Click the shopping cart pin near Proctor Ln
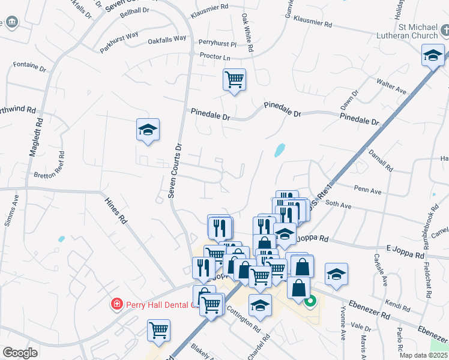pos(234,80)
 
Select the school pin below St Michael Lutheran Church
pos(433,56)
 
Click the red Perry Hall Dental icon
pos(116,304)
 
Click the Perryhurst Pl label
pos(218,44)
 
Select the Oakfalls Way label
pos(167,43)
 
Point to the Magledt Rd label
pos(36,137)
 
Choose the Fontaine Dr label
pos(29,66)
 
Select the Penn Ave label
pos(368,191)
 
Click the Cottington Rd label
pos(244,320)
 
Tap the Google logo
pos(20,353)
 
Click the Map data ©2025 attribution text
pos(422,355)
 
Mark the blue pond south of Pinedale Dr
pos(279,150)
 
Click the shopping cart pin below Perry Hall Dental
pos(158,330)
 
